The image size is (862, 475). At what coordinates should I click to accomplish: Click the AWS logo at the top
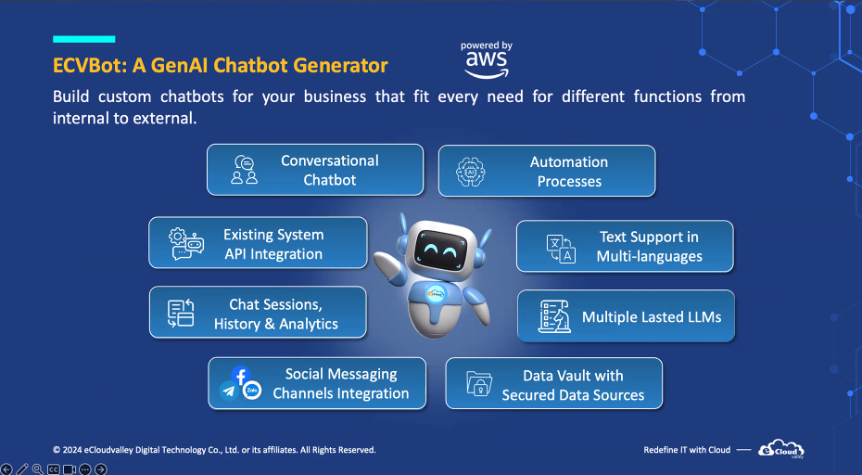click(487, 60)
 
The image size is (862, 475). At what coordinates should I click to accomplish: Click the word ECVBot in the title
click(90, 66)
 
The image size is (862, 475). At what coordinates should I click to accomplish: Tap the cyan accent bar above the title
click(84, 39)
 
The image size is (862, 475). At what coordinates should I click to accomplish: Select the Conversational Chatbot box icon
click(244, 170)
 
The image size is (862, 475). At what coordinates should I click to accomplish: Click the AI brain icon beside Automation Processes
click(471, 172)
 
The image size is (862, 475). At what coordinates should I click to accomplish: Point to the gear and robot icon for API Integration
click(186, 244)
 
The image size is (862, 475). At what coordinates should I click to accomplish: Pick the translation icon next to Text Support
click(561, 249)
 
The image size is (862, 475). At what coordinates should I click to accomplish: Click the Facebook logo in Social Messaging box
click(241, 376)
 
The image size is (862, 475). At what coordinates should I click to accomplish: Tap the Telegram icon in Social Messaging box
click(228, 392)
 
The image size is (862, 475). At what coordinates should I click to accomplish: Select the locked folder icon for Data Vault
click(479, 383)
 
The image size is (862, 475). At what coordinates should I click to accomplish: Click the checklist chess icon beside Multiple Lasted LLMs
click(554, 316)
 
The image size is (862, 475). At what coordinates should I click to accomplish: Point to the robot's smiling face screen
click(439, 250)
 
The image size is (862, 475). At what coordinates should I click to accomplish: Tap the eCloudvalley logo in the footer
click(781, 449)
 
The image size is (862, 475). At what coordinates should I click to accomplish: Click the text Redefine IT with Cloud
click(687, 450)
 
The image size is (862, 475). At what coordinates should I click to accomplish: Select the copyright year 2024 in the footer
click(72, 450)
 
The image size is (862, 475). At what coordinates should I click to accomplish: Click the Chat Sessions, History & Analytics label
click(276, 314)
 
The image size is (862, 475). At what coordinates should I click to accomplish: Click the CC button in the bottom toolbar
click(54, 469)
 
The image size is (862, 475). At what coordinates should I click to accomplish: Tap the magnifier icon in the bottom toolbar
click(37, 469)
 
